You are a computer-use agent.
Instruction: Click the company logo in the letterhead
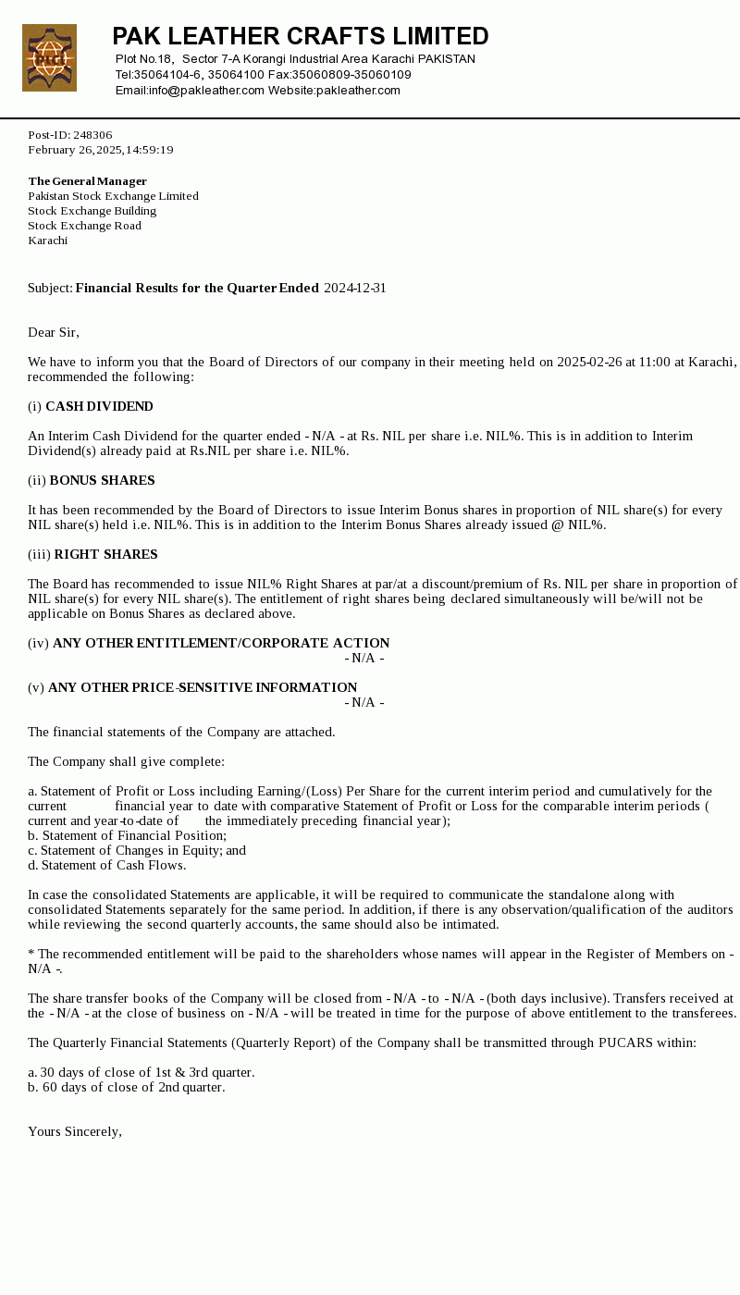click(x=49, y=58)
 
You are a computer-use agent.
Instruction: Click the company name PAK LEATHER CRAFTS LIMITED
click(x=301, y=36)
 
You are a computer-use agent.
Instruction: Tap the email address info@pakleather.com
click(x=206, y=90)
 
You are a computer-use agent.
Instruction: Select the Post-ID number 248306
click(x=92, y=135)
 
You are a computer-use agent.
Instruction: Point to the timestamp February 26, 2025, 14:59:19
click(x=101, y=150)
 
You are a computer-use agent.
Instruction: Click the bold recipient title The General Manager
click(x=87, y=181)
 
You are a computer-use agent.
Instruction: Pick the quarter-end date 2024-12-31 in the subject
click(x=355, y=289)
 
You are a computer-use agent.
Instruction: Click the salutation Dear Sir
click(x=54, y=333)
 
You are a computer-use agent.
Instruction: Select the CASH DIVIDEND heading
click(x=99, y=407)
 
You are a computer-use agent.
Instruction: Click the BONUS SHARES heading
click(x=102, y=481)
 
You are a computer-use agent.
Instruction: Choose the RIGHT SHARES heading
click(x=105, y=555)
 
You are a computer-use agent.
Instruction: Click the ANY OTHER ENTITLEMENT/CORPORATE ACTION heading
click(x=221, y=644)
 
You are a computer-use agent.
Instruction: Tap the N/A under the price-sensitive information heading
click(x=364, y=703)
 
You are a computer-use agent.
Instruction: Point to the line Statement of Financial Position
click(x=133, y=836)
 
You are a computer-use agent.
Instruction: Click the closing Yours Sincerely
click(x=75, y=1132)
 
